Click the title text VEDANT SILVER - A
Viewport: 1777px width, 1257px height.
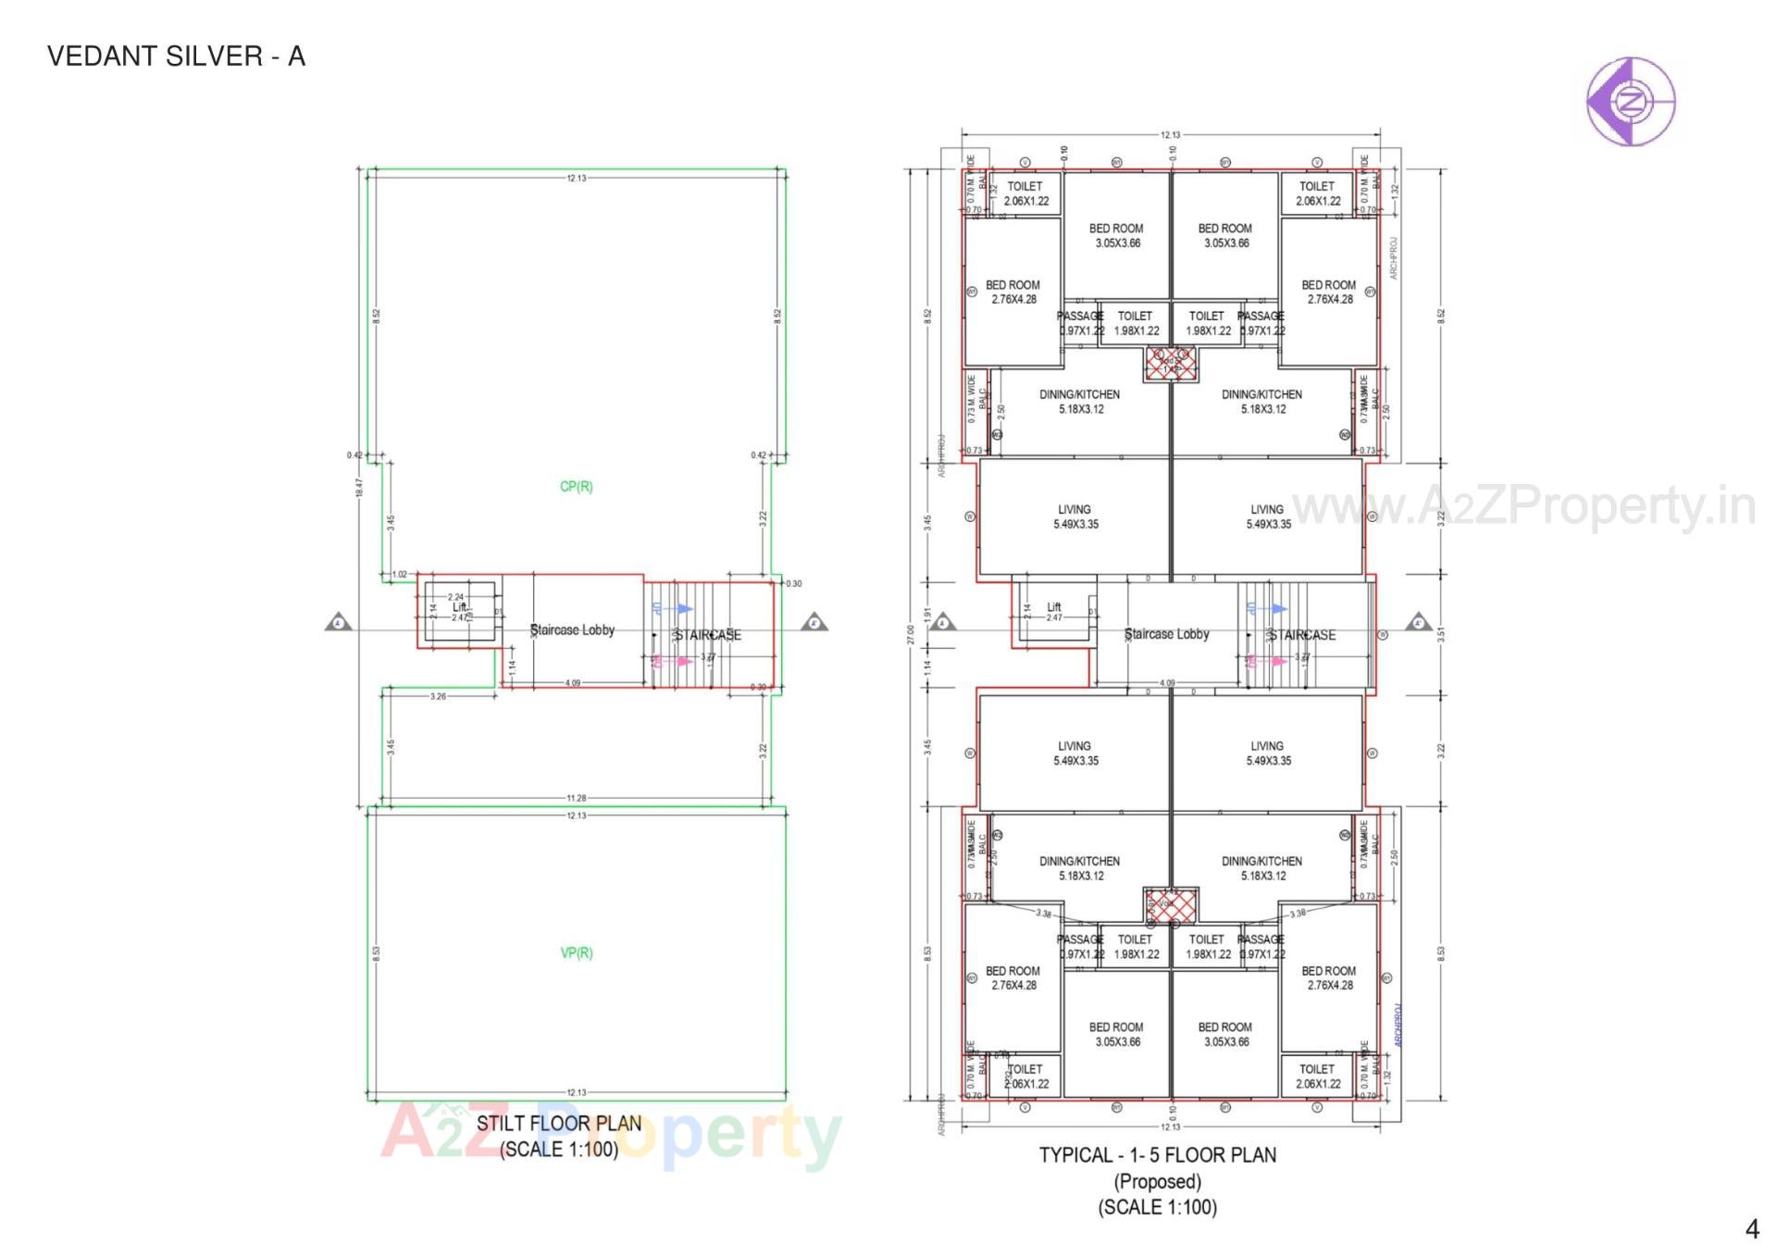176,56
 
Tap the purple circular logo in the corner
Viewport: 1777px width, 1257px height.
1630,101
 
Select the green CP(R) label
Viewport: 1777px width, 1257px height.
576,487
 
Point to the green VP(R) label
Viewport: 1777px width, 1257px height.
576,952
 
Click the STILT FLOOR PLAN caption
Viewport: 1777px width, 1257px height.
558,1124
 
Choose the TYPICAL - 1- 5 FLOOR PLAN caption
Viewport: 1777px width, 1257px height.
1157,1155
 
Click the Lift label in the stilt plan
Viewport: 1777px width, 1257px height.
459,607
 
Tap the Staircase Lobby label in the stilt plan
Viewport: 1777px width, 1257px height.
572,630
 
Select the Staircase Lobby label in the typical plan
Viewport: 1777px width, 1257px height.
1166,634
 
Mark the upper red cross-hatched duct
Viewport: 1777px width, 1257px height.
1171,364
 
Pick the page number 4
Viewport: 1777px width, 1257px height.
1751,1228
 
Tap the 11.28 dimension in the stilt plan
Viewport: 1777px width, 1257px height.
576,798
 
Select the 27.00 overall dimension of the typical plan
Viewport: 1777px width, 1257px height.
910,634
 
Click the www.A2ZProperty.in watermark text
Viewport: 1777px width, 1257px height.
1522,506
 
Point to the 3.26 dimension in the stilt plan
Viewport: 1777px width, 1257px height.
438,696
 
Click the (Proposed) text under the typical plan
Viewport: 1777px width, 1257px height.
1157,1182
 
